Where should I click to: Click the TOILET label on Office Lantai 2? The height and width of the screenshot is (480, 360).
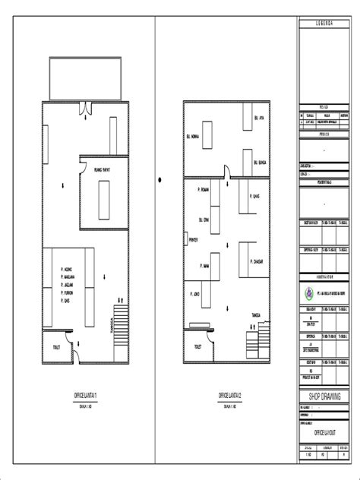(197, 346)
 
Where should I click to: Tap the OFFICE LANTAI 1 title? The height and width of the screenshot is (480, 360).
(84, 396)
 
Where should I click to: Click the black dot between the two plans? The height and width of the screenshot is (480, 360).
(160, 180)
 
